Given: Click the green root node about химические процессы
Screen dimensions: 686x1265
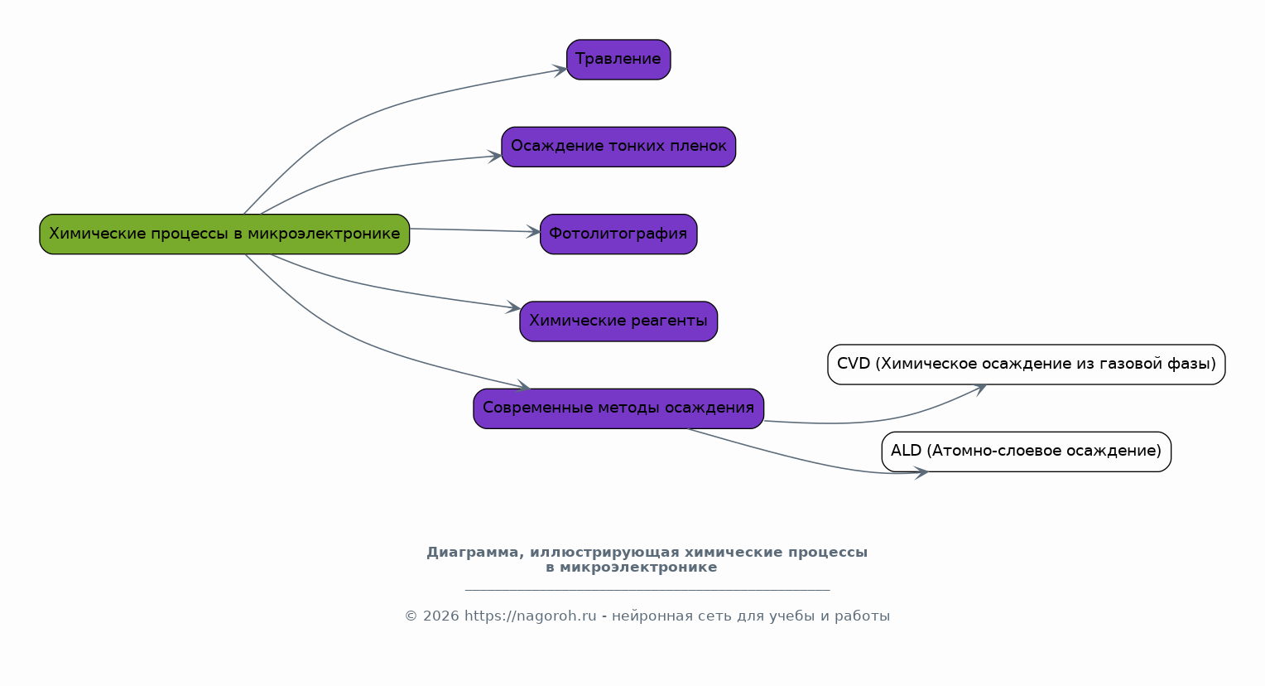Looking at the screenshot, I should pyautogui.click(x=224, y=234).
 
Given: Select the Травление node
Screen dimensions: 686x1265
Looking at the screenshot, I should pyautogui.click(x=618, y=60).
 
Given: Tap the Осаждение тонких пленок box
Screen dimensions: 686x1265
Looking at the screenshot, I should pyautogui.click(x=618, y=147).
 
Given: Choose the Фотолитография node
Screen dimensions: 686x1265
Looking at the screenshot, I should pyautogui.click(x=618, y=234).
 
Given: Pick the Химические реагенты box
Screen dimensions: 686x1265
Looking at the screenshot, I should pyautogui.click(x=618, y=321).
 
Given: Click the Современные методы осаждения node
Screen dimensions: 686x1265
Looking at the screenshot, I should pyautogui.click(x=618, y=408).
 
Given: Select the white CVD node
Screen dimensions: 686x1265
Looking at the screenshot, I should pyautogui.click(x=1026, y=365).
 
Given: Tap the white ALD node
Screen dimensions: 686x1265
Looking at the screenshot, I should pyautogui.click(x=1026, y=452).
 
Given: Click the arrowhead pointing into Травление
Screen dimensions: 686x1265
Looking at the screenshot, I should pyautogui.click(x=561, y=70).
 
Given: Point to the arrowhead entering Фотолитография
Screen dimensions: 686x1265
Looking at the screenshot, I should pyautogui.click(x=534, y=232).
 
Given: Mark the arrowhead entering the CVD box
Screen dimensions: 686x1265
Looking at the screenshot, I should pyautogui.click(x=980, y=388).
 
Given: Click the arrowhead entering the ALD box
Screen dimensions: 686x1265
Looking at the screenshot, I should pyautogui.click(x=921, y=473).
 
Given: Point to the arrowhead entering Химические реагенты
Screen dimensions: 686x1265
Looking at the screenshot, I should pyautogui.click(x=514, y=308).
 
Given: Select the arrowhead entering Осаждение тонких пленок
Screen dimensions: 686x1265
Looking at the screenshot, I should pyautogui.click(x=496, y=156).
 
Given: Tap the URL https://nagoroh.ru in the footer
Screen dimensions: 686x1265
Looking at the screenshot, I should pyautogui.click(x=530, y=616).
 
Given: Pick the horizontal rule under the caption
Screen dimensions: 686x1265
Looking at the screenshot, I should pyautogui.click(x=647, y=590).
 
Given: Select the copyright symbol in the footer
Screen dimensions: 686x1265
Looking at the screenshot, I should pyautogui.click(x=411, y=616).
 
